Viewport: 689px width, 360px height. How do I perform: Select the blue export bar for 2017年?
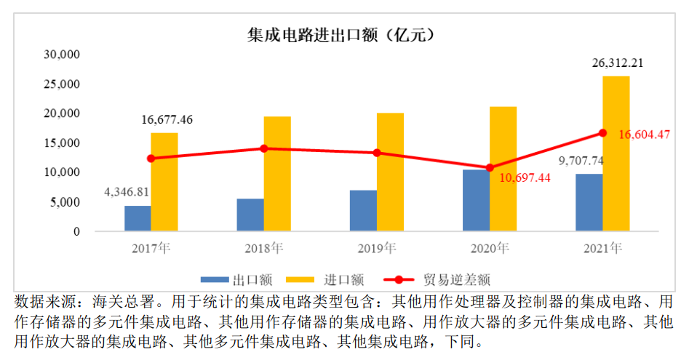(138, 218)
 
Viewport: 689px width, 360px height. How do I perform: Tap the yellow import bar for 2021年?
(616, 153)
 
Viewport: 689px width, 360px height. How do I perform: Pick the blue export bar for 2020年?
(476, 200)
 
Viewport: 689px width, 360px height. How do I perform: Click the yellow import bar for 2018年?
(277, 174)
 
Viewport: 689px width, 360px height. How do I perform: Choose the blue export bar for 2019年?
(363, 211)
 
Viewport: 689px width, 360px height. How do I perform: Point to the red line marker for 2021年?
(602, 133)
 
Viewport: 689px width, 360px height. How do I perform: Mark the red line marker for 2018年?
(264, 148)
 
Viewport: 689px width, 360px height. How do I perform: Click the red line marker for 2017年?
(151, 159)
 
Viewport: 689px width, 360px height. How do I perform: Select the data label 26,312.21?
(616, 63)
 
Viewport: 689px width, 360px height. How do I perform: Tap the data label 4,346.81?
(127, 192)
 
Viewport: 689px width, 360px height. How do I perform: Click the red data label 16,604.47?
(644, 135)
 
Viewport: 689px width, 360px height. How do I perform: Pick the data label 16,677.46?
(167, 119)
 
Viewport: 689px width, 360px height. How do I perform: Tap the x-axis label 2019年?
(377, 249)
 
